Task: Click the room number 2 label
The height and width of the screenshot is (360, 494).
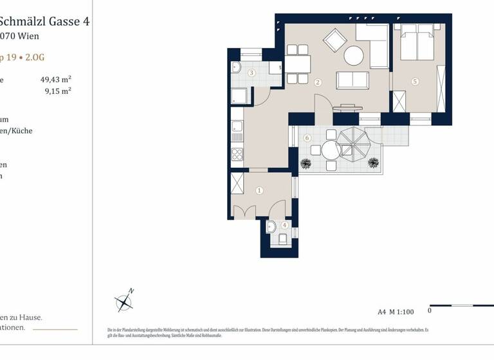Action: click(318, 82)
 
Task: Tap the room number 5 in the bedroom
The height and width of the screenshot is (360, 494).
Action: click(415, 82)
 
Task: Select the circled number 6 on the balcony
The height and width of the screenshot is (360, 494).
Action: click(307, 137)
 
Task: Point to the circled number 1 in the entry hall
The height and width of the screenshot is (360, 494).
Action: click(259, 190)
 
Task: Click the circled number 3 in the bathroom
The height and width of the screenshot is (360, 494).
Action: click(252, 73)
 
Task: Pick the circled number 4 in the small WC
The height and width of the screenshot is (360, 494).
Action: click(284, 225)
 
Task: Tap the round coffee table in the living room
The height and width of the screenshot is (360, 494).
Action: click(354, 56)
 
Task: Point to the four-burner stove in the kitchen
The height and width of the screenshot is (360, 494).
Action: click(237, 155)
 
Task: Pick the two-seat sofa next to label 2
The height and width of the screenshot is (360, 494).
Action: click(353, 80)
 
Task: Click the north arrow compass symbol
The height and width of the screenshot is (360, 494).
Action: click(123, 301)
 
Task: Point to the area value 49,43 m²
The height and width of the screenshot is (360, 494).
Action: click(55, 80)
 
